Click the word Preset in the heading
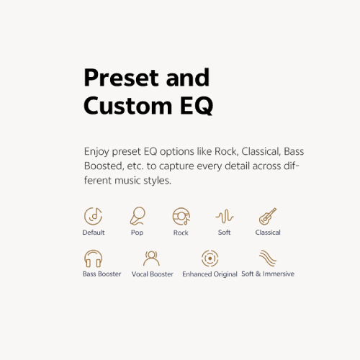tap(121, 77)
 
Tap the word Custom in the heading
tap(128, 106)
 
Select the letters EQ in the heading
tap(197, 106)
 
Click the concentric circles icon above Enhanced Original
tap(210, 258)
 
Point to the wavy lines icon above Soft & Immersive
tap(268, 258)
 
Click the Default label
tap(94, 233)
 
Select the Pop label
tap(137, 233)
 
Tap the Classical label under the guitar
tap(268, 233)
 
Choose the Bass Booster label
tap(102, 274)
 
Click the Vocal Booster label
tap(153, 274)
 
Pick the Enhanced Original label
tap(210, 274)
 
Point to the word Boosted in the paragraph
tap(104, 166)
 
